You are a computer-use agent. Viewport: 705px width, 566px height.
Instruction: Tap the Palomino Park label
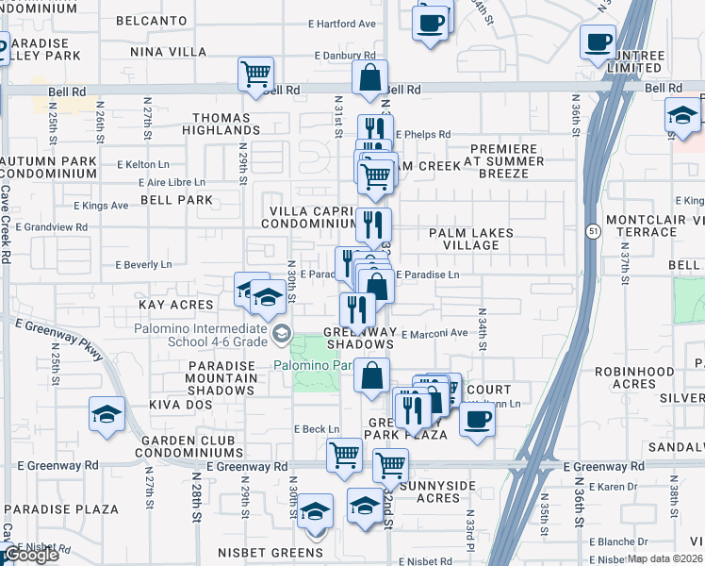314,365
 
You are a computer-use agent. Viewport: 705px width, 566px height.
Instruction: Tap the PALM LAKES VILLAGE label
471,239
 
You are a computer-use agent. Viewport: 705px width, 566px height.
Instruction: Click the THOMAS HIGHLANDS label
222,124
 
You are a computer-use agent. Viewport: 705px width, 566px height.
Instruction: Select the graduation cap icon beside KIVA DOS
107,413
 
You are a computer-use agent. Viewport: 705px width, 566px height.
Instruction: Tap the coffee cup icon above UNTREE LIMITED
598,42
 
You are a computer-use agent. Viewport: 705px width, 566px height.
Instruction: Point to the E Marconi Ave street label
434,333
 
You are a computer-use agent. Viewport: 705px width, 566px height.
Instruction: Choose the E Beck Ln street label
316,428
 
